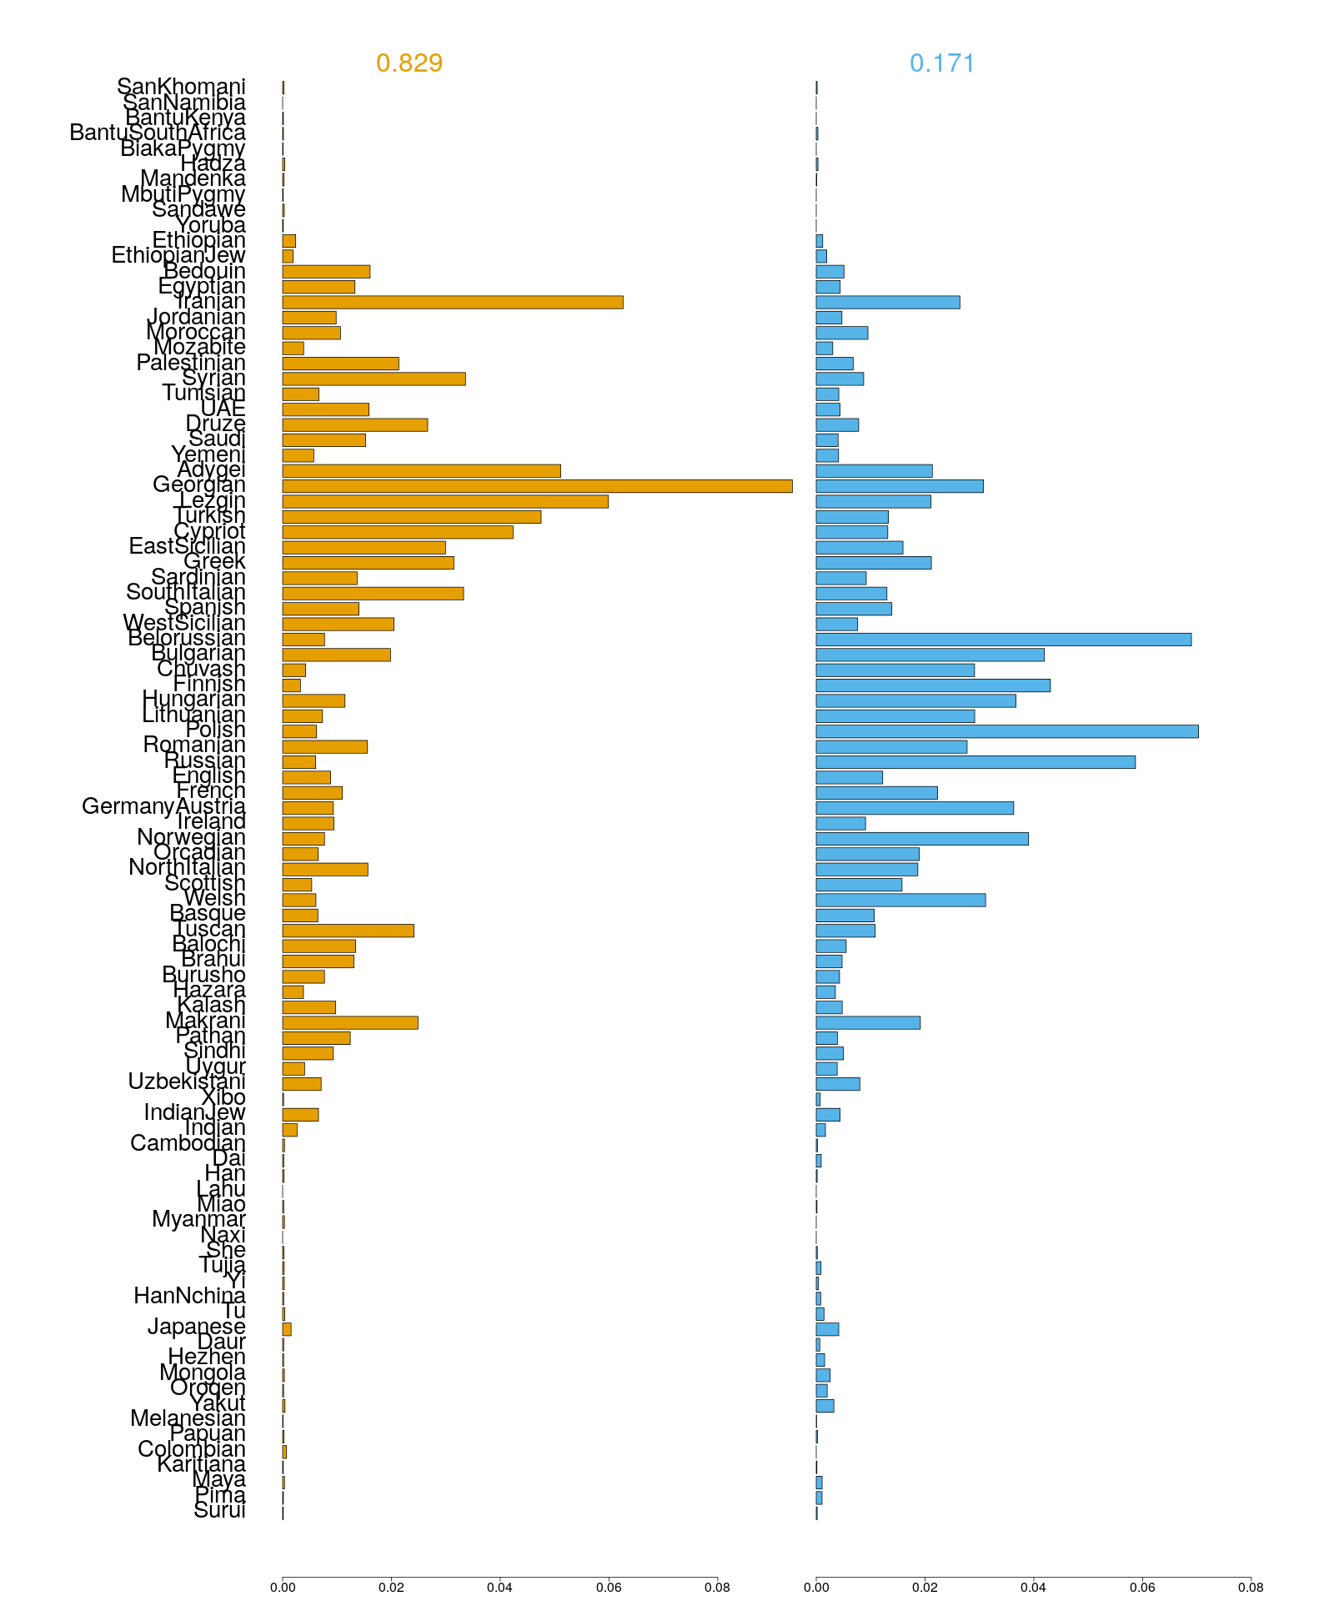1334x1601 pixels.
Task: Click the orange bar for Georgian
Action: (537, 486)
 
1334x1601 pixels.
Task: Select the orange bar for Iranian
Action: (452, 302)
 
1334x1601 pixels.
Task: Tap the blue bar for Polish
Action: (1006, 731)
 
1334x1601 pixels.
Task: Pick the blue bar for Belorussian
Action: (1003, 640)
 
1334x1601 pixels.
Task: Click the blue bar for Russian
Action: (975, 762)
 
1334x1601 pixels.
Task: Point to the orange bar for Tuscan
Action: (348, 931)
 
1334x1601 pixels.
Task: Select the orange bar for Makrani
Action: (349, 1023)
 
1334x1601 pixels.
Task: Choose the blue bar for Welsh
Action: (900, 900)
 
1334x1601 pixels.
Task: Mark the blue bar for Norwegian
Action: (921, 839)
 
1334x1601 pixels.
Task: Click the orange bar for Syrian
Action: (374, 379)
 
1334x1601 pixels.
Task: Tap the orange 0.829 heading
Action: (409, 63)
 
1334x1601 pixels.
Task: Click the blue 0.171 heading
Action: (942, 63)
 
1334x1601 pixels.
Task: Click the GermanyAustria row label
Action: (163, 807)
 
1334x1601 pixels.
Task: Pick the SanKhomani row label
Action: (181, 87)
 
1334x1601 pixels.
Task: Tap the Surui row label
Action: (219, 1511)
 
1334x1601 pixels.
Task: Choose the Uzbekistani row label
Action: (187, 1082)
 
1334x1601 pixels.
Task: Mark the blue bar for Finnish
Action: (932, 685)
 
